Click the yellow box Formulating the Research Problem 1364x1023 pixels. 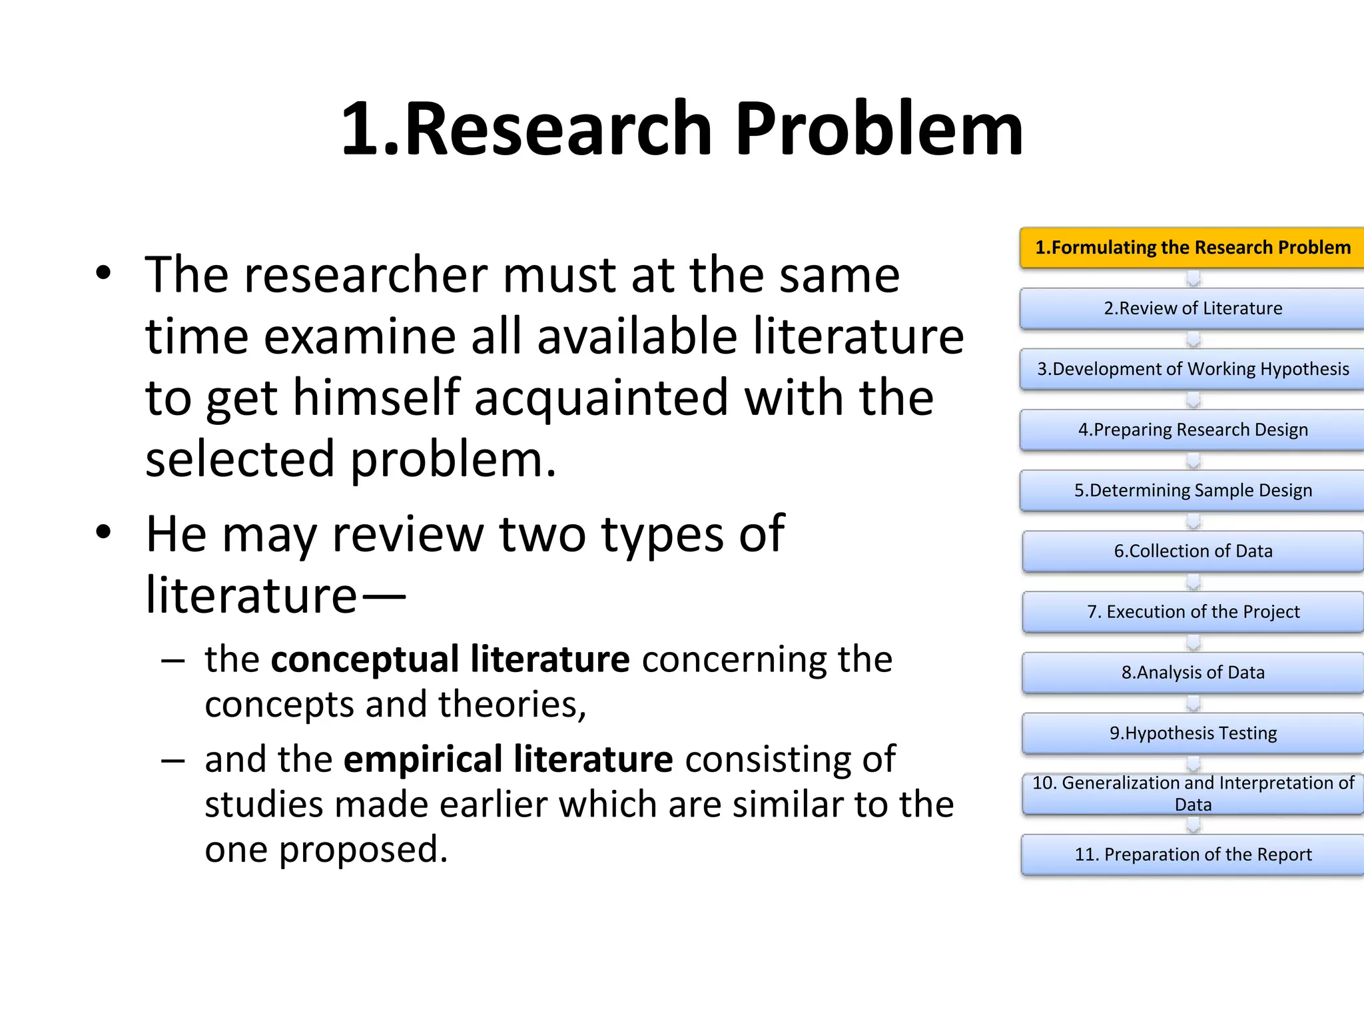point(1192,248)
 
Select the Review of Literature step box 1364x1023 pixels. point(1192,308)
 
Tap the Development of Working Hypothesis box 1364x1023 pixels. point(1192,369)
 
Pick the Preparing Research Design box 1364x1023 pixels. point(1192,430)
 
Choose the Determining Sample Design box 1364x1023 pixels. point(1192,490)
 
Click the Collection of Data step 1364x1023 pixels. point(1192,551)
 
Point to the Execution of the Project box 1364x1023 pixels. point(1192,611)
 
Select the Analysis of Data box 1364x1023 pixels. point(1192,672)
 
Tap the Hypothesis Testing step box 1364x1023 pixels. point(1192,733)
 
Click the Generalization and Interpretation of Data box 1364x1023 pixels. point(1192,793)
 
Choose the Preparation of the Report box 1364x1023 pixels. point(1192,854)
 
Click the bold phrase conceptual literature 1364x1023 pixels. point(450,660)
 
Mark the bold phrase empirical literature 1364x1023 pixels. point(508,760)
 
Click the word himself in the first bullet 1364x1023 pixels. point(376,398)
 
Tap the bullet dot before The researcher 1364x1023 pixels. point(103,273)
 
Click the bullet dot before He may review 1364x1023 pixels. point(103,533)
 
